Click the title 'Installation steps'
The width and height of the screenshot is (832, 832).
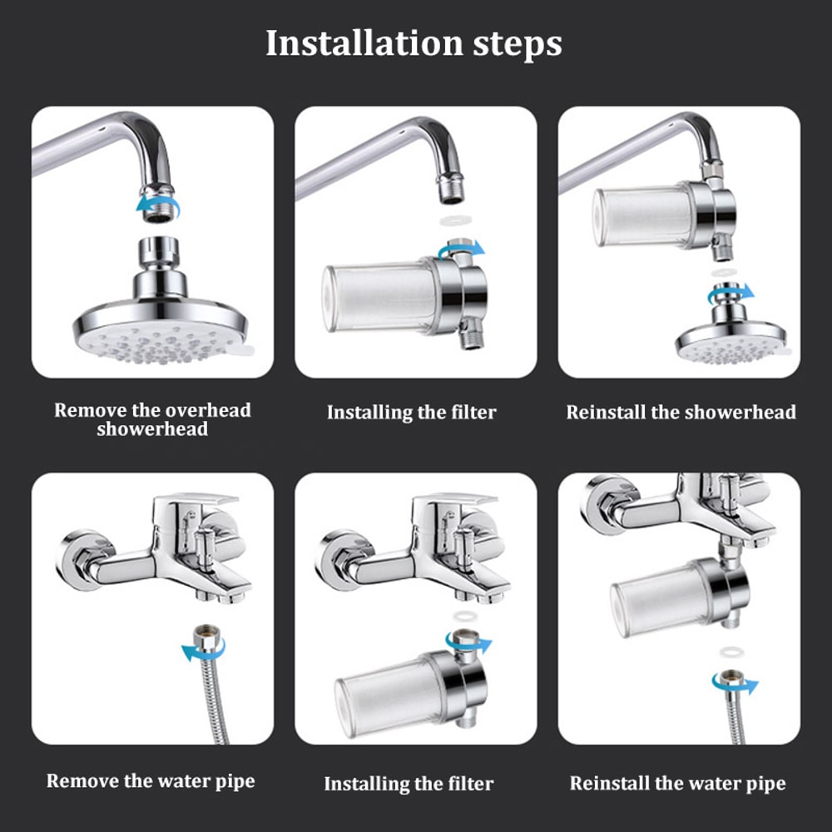click(x=414, y=43)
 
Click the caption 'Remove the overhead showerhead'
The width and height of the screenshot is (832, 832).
click(x=152, y=419)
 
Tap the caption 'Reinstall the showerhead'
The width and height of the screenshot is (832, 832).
click(x=681, y=412)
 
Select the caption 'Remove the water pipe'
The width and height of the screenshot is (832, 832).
click(x=151, y=780)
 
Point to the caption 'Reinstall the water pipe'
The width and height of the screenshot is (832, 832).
click(x=677, y=783)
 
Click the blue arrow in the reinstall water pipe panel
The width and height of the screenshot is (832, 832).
click(x=735, y=684)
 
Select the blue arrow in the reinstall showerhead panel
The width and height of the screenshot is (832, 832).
click(x=729, y=294)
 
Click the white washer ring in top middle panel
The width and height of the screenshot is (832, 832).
click(x=452, y=223)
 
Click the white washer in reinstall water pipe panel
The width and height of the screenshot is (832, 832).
click(x=731, y=649)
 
